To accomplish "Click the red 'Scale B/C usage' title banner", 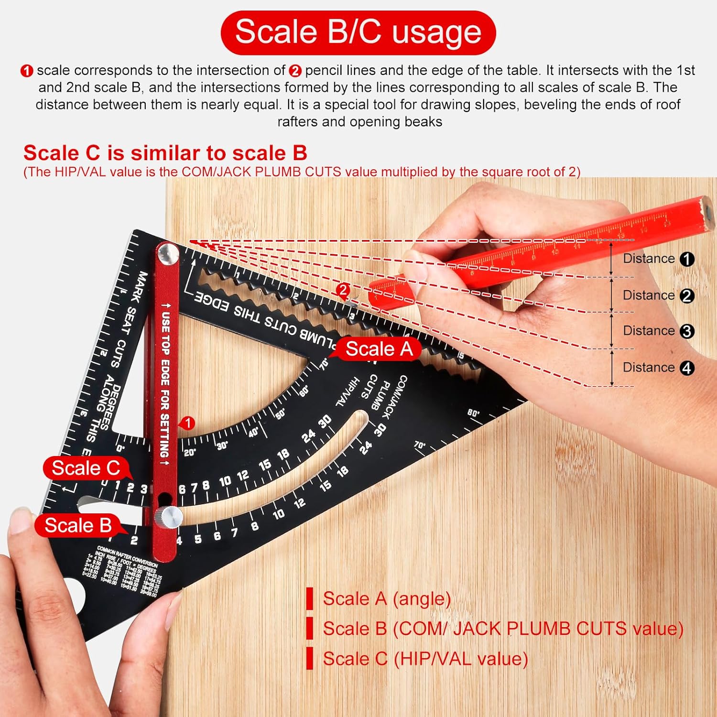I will [358, 32].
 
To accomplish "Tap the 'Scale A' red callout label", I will [379, 349].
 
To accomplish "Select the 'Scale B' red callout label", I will [78, 525].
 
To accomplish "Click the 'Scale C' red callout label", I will [86, 468].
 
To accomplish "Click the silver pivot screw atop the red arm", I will [168, 254].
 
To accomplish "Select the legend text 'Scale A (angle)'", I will [387, 598].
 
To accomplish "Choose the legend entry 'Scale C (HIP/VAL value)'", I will [425, 659].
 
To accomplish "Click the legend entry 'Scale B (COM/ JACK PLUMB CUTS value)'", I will [503, 629].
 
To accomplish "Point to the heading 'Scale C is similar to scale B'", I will [165, 153].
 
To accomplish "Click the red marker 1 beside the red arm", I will [188, 423].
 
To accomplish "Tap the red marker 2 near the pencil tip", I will [343, 290].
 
